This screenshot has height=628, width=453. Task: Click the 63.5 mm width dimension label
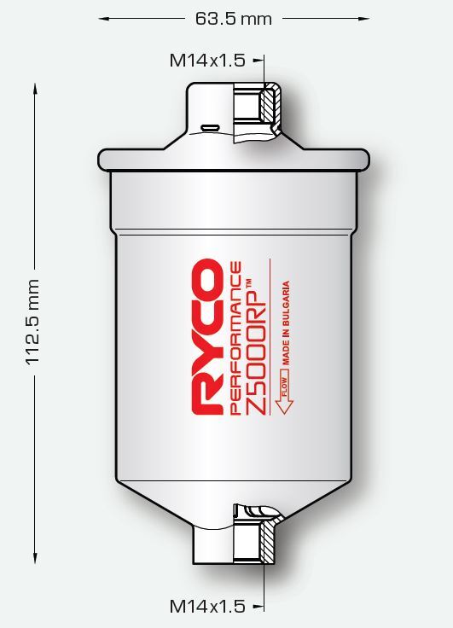point(233,17)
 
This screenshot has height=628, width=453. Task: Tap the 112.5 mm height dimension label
point(33,322)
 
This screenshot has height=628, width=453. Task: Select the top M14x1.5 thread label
point(207,60)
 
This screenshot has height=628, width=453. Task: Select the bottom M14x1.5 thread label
point(207,607)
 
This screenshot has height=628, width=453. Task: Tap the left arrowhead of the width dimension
point(103,17)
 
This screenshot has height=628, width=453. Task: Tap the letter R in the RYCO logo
point(206,398)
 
